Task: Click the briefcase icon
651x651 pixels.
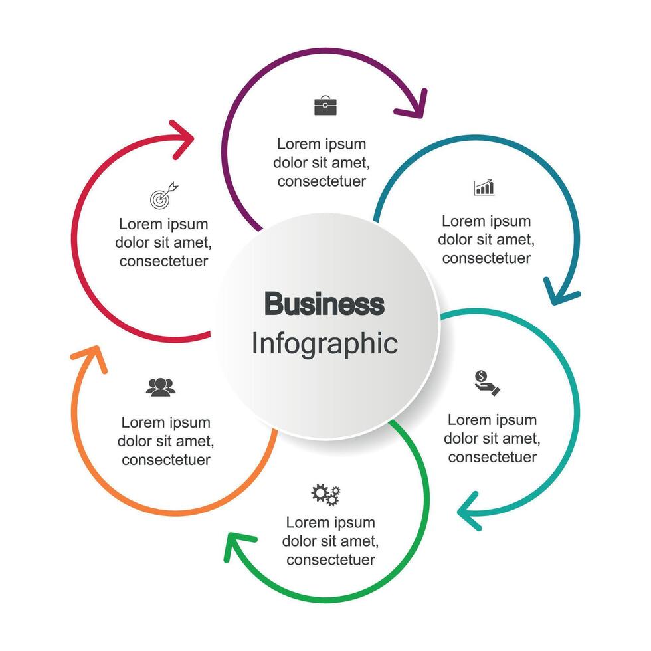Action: [325, 106]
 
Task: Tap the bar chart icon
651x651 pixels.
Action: [484, 187]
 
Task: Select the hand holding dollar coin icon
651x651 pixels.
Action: [487, 383]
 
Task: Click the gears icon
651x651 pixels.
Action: [325, 494]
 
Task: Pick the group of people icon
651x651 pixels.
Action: [161, 387]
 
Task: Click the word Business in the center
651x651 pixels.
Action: [324, 304]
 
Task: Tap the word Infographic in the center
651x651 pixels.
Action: [324, 343]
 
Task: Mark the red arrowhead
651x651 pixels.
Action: [184, 138]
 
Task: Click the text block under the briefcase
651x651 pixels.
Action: [322, 163]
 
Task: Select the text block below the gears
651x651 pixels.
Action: [330, 541]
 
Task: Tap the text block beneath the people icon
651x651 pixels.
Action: [165, 441]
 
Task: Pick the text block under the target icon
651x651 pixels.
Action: [163, 242]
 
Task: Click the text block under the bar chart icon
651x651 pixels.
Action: [486, 240]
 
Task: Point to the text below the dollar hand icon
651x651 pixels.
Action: [492, 438]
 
